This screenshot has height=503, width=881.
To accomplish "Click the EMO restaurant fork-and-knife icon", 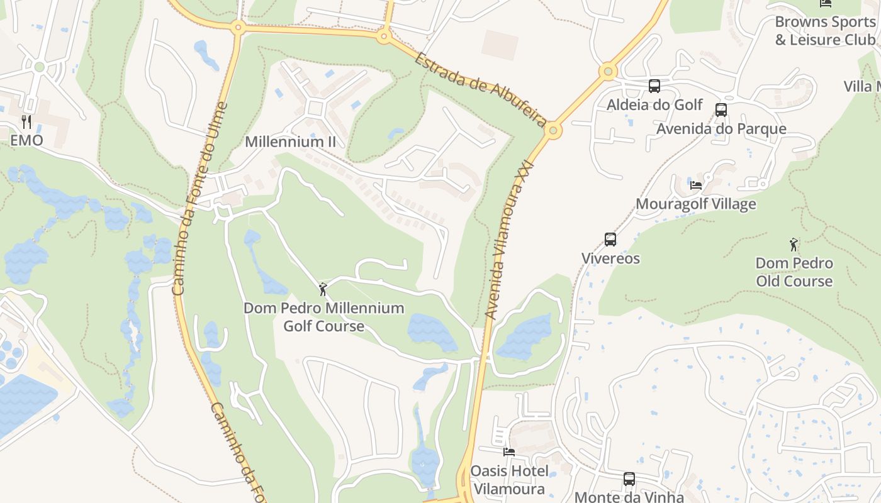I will (x=26, y=121).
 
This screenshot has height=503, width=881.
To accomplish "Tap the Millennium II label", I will (x=290, y=141).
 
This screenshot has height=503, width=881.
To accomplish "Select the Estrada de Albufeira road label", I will (x=480, y=88).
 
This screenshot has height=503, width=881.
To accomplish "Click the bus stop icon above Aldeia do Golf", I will (x=654, y=86).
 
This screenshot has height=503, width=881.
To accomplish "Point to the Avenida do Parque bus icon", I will (x=721, y=110).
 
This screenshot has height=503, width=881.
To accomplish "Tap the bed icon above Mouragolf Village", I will (x=696, y=185).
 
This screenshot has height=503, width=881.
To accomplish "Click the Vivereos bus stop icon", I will (x=610, y=240).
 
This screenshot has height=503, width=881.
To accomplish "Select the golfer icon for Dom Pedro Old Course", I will (x=794, y=245).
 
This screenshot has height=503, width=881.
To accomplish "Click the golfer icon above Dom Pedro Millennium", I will (x=323, y=289).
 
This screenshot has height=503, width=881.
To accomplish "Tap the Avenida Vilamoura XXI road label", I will (x=511, y=239).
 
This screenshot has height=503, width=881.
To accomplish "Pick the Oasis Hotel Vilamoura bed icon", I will (x=509, y=451).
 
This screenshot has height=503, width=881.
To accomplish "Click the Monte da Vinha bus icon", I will (x=629, y=479).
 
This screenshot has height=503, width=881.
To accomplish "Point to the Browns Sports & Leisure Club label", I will (x=825, y=31).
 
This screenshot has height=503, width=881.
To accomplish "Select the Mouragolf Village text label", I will (x=696, y=204).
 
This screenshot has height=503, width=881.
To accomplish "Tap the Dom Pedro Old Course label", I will (x=794, y=272).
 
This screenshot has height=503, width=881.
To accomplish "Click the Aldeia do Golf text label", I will (x=654, y=104).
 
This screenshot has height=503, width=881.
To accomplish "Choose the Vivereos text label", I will (x=610, y=258).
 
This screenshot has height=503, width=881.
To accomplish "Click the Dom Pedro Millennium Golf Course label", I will (x=323, y=317).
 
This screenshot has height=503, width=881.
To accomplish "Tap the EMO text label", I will (x=26, y=140).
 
